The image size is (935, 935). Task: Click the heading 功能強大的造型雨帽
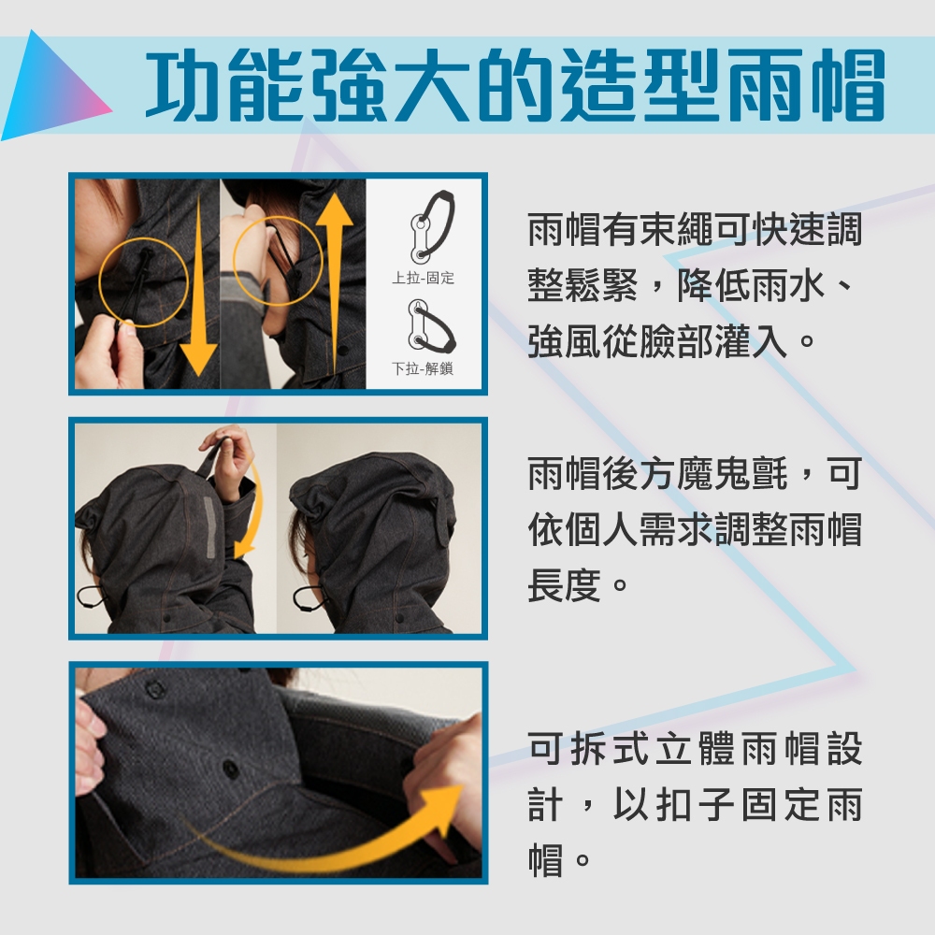[x=515, y=85]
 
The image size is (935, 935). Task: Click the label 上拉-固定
[x=423, y=278]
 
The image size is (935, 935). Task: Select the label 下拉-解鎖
[x=423, y=368]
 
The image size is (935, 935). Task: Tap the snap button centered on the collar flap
[x=228, y=767]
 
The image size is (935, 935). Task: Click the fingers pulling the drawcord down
[x=113, y=352]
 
